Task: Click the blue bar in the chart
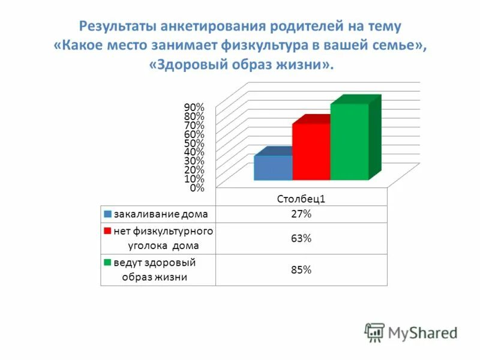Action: pos(273,168)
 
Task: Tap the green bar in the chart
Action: pos(349,142)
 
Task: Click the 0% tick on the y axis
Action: pos(197,188)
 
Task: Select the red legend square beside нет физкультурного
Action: pos(107,231)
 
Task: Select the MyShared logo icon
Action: pos(374,332)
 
